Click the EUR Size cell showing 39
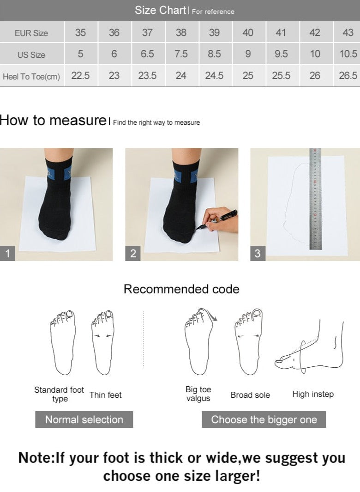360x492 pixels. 215,32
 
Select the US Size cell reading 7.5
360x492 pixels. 181,54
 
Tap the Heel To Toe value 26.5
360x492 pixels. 348,76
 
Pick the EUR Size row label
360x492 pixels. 31,33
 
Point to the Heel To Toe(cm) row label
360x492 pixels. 31,76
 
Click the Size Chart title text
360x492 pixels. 160,10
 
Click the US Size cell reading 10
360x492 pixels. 315,54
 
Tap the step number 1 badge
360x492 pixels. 7,253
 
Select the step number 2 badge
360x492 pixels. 133,253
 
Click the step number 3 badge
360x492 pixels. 258,253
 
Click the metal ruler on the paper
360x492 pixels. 315,199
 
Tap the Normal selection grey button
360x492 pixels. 84,419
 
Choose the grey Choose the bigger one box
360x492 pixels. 264,419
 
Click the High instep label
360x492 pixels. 313,394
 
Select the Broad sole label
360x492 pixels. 250,395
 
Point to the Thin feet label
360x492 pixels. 105,395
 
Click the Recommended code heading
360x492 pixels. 181,289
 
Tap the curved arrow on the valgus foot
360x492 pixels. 212,315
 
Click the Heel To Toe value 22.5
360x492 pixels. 80,76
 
